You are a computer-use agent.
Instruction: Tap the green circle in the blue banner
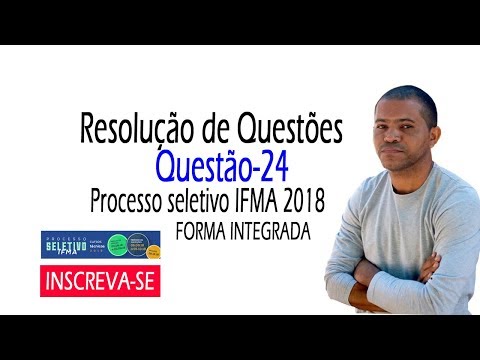tap(118, 244)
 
